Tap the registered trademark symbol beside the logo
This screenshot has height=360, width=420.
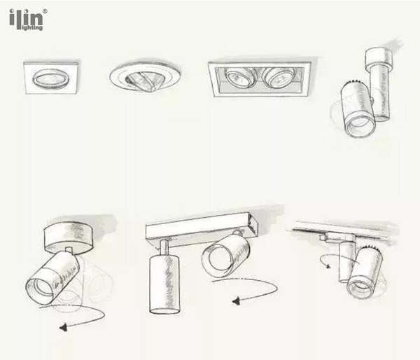[45, 11]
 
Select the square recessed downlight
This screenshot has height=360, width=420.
[51, 78]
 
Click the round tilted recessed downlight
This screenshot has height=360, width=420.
[145, 77]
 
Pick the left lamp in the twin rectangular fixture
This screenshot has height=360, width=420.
[239, 77]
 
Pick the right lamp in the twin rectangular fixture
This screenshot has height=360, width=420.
[276, 78]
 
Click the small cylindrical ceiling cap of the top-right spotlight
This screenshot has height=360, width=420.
[379, 57]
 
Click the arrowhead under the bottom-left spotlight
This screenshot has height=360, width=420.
[64, 327]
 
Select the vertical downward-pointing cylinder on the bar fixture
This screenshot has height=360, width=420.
[164, 284]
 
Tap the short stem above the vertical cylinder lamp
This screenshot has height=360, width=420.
[164, 248]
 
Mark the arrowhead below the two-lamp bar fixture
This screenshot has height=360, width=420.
[236, 300]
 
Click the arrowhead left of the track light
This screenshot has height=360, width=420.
[328, 265]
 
